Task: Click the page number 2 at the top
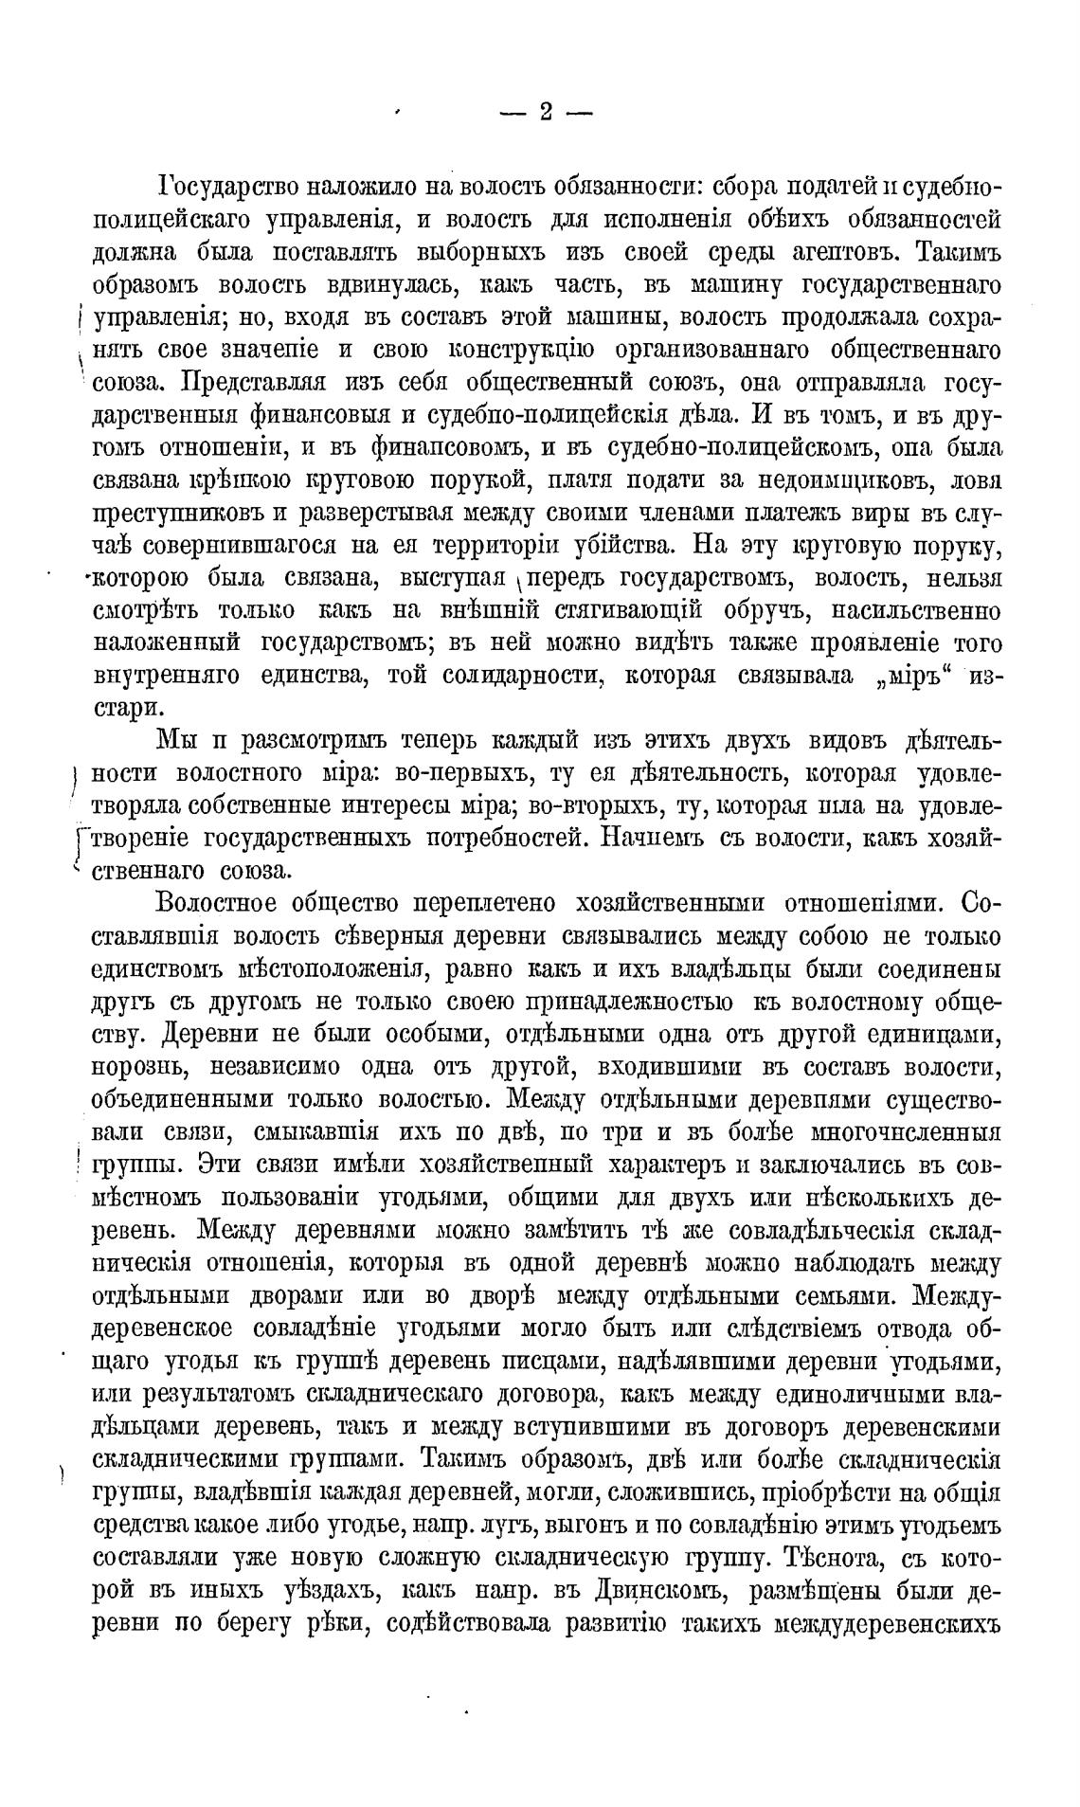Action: pyautogui.click(x=546, y=112)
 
